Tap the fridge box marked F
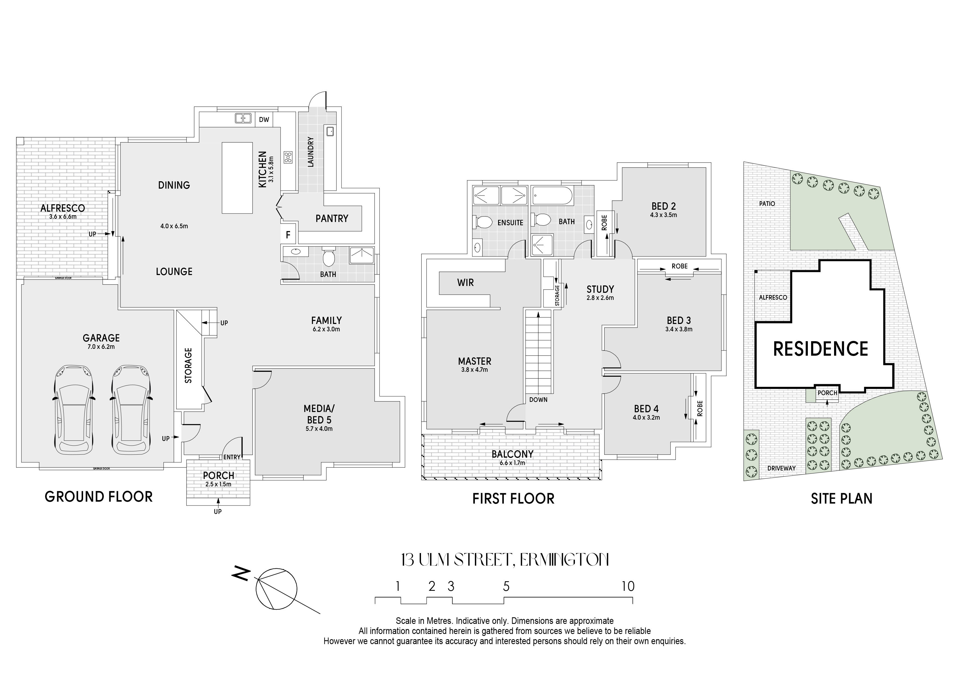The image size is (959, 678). click(288, 235)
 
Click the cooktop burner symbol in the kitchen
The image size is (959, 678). click(288, 157)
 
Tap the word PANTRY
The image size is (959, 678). click(332, 218)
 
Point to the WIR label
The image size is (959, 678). click(465, 283)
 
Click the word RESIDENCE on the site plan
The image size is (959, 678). click(820, 349)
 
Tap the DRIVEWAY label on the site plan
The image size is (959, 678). click(782, 468)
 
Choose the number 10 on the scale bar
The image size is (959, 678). click(628, 586)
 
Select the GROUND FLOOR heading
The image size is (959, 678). click(99, 497)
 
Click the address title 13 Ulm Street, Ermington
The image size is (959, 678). click(505, 560)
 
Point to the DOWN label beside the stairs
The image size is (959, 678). click(538, 400)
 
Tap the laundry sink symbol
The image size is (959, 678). click(329, 131)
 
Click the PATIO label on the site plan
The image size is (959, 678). click(767, 204)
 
